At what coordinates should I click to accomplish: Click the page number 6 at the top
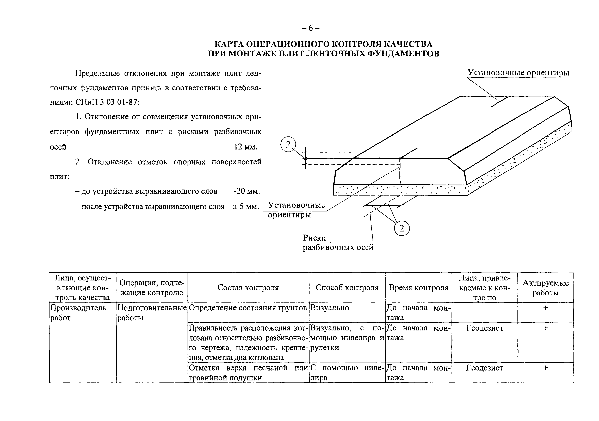[310, 28]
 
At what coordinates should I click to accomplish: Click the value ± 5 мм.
[245, 207]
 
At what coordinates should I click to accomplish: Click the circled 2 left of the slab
[288, 144]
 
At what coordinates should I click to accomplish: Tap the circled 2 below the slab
[402, 229]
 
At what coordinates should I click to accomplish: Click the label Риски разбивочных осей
[338, 243]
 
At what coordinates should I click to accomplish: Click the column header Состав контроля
[248, 288]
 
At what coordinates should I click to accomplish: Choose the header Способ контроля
[347, 287]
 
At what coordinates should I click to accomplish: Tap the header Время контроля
[418, 288]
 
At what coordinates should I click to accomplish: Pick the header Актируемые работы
[546, 288]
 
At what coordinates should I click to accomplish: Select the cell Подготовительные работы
[152, 312]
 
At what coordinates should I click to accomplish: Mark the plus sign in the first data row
[546, 308]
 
